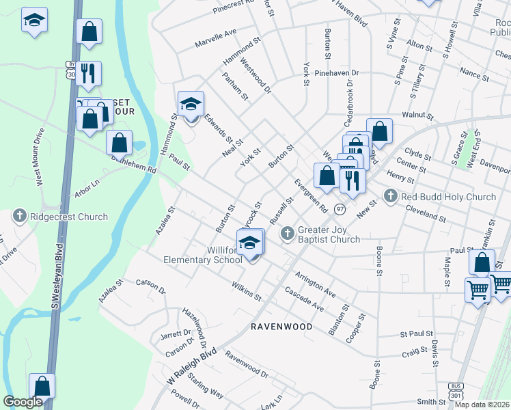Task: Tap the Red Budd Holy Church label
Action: pyautogui.click(x=448, y=197)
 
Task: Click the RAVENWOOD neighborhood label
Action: pyautogui.click(x=281, y=327)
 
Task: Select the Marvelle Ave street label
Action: pyautogui.click(x=215, y=32)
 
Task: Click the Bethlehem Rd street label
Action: pyautogui.click(x=134, y=163)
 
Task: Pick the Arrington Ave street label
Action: pyautogui.click(x=315, y=284)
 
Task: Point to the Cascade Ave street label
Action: pyautogui.click(x=305, y=299)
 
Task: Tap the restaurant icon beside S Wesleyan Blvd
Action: pyautogui.click(x=88, y=73)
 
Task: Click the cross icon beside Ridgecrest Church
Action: pyautogui.click(x=19, y=217)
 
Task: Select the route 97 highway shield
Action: pyautogui.click(x=340, y=208)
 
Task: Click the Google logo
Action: pyautogui.click(x=23, y=402)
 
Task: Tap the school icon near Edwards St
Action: pyautogui.click(x=191, y=104)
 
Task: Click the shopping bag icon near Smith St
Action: pyautogui.click(x=42, y=386)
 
